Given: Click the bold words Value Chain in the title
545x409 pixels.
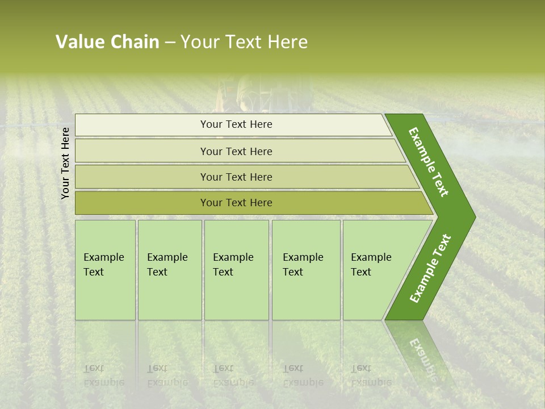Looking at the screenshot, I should coord(107,42).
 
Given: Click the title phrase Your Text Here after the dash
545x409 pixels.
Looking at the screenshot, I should coord(244,42).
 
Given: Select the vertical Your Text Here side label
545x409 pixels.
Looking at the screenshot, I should coord(65,163).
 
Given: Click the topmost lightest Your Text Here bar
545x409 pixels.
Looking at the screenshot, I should coord(236,124).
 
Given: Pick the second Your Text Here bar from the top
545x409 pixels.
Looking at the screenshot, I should coord(236,151).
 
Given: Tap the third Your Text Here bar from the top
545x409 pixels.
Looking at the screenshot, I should coord(236,177).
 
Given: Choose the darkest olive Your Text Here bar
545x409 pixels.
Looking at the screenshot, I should coord(236,203).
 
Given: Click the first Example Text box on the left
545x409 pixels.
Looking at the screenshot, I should coord(105,270).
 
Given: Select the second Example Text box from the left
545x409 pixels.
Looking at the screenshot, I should coord(169,270).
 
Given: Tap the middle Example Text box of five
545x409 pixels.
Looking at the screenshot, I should coord(236,270).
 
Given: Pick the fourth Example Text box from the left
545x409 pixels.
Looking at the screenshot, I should coord(305,270).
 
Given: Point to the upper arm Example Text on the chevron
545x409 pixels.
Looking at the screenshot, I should coord(429,162).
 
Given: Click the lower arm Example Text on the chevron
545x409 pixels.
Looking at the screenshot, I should coord(430,269).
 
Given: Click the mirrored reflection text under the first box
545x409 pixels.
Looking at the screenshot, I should coord(103,375).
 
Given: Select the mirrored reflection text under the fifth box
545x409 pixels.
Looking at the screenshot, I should coord(371,375).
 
